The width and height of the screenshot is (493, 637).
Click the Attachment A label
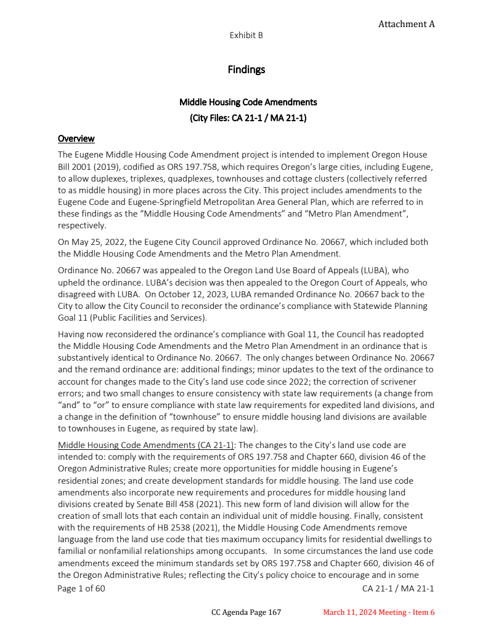406,24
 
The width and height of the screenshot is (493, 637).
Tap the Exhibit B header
246,35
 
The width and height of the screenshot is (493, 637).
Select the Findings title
246,70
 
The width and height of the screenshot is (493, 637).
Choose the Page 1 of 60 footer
81,588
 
